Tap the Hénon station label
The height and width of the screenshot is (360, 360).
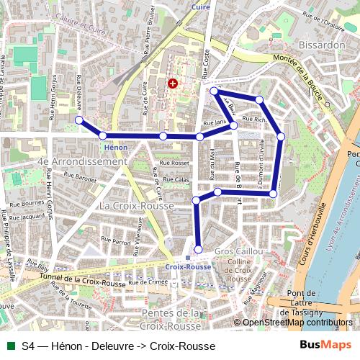pyautogui.click(x=116, y=146)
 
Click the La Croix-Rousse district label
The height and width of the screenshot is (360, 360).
pyautogui.click(x=137, y=206)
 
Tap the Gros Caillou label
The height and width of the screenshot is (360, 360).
pyautogui.click(x=238, y=251)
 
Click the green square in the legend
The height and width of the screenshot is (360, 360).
pyautogui.click(x=9, y=346)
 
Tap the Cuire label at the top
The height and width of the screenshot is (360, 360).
pyautogui.click(x=199, y=6)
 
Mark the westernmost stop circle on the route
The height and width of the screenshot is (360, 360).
pyautogui.click(x=79, y=120)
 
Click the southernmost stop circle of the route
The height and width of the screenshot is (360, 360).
pyautogui.click(x=199, y=250)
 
